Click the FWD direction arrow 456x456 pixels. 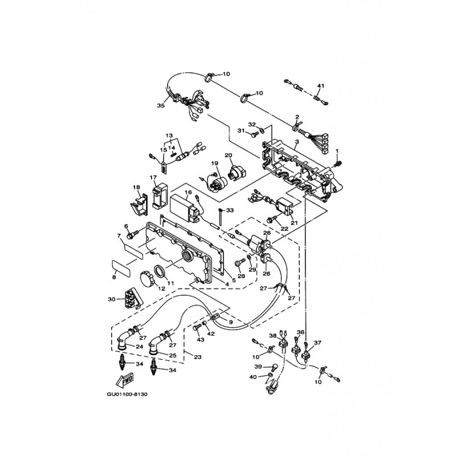(124, 380)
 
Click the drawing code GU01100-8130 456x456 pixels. (127, 394)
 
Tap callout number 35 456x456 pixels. (161, 105)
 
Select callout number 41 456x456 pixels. (320, 86)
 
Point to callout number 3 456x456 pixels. (297, 141)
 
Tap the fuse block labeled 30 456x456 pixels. (132, 298)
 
